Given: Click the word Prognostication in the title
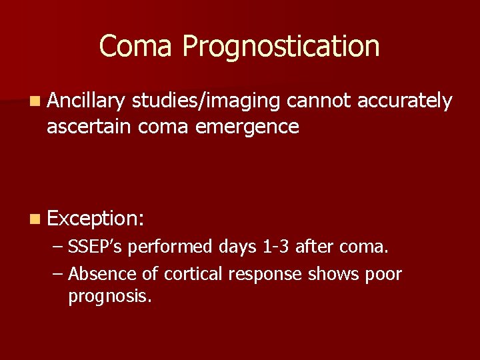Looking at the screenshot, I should pyautogui.click(x=281, y=47).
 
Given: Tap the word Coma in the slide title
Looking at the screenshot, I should pyautogui.click(x=137, y=45).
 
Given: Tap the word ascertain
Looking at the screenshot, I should pyautogui.click(x=89, y=126).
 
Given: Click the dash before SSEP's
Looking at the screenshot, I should pyautogui.click(x=58, y=248).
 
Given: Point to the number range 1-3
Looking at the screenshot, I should pyautogui.click(x=277, y=247).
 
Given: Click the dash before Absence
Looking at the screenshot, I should pyautogui.click(x=58, y=274).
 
